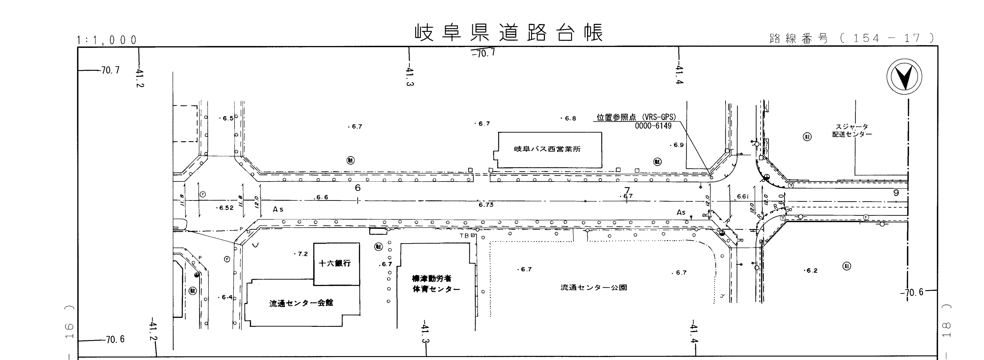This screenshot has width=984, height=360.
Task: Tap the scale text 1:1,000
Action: click(x=107, y=40)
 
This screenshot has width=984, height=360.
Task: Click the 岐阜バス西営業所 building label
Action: click(x=547, y=149)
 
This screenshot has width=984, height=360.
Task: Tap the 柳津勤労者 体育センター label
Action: click(x=436, y=284)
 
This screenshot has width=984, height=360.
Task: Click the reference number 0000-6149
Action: click(x=653, y=126)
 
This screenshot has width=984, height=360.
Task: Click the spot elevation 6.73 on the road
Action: click(x=486, y=205)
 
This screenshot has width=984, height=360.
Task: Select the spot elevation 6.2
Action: click(x=811, y=271)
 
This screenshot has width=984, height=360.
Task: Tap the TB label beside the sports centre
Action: click(x=464, y=236)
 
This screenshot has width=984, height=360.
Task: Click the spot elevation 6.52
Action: click(x=226, y=208)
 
